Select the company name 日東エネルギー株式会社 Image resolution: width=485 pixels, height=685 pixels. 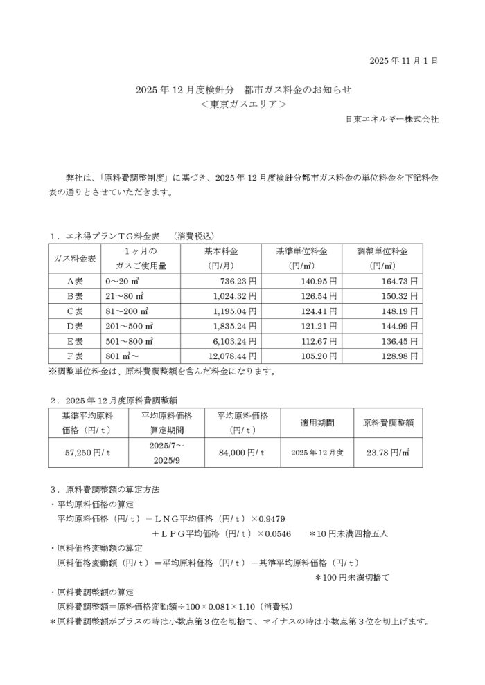[x=391, y=119]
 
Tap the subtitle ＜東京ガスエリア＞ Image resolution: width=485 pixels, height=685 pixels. [x=242, y=104]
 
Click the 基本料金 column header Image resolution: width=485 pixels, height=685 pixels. [x=222, y=250]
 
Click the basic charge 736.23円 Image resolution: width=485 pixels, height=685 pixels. [x=238, y=281]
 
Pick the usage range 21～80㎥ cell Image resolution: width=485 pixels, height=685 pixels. [x=121, y=296]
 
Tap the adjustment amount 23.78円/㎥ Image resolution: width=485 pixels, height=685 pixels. [x=389, y=451]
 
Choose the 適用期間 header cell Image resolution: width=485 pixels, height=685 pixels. [x=317, y=421]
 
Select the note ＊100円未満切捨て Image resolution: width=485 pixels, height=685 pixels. [x=353, y=576]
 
